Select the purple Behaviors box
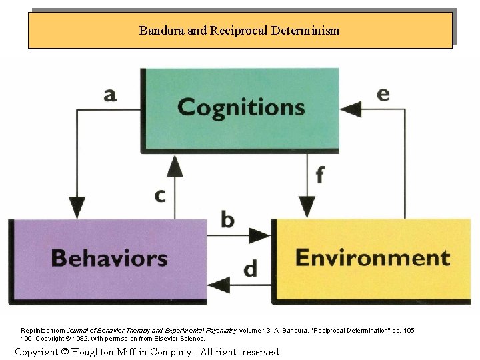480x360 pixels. click(x=109, y=259)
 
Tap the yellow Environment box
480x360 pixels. click(x=372, y=259)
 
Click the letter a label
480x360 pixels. click(x=110, y=94)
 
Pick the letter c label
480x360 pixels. click(x=160, y=196)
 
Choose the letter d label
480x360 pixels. click(x=250, y=269)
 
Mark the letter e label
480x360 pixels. click(x=383, y=93)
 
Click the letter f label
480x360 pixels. click(x=320, y=175)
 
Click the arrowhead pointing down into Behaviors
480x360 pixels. click(x=78, y=205)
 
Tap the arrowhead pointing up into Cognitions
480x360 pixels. click(x=175, y=165)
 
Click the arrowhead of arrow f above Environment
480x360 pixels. click(x=307, y=205)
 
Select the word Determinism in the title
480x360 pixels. click(x=305, y=31)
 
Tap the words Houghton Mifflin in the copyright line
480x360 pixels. click(x=120, y=351)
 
